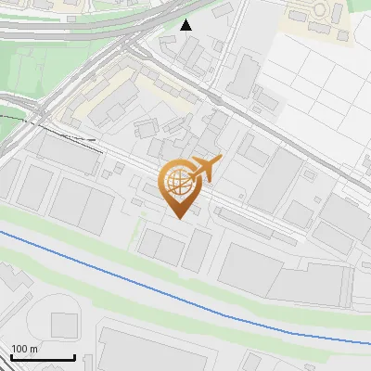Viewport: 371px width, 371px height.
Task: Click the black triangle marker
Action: [x=186, y=25]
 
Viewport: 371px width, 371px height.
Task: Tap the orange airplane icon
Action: [x=203, y=170]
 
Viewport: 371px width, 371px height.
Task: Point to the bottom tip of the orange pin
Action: [x=178, y=219]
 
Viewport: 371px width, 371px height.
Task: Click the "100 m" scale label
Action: [x=25, y=349]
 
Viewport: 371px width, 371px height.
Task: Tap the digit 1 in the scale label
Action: [x=13, y=349]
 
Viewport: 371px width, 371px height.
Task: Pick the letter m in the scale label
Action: [x=35, y=349]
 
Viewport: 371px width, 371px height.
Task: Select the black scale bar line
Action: [x=43, y=358]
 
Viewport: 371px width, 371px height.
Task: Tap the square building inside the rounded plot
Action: [x=64, y=325]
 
